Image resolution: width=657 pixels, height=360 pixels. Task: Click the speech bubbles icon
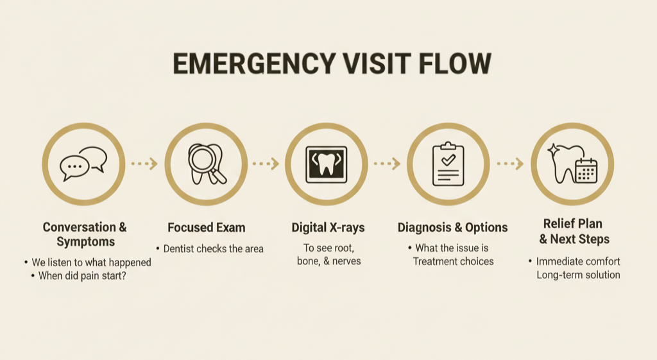pos(83,164)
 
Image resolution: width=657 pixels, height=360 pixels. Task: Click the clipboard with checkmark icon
pos(448,164)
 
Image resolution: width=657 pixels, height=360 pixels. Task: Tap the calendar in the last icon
pos(586,171)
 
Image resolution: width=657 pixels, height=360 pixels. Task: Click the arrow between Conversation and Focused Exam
pos(144,164)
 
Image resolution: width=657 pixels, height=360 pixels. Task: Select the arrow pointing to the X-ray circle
pos(266,164)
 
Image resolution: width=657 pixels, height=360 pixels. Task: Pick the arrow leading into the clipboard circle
pos(387,164)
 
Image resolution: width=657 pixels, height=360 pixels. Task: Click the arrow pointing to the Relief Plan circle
pos(510,164)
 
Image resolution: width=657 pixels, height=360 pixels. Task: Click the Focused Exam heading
pos(206,228)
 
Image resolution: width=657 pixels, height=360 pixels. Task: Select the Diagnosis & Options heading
pos(452,228)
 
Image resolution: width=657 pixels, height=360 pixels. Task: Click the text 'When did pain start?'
pos(88,277)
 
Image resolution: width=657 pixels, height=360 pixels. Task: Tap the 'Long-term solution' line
pos(578,275)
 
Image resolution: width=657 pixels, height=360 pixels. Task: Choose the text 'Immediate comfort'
pos(578,262)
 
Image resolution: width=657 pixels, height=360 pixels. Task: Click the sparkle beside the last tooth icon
pos(553,150)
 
